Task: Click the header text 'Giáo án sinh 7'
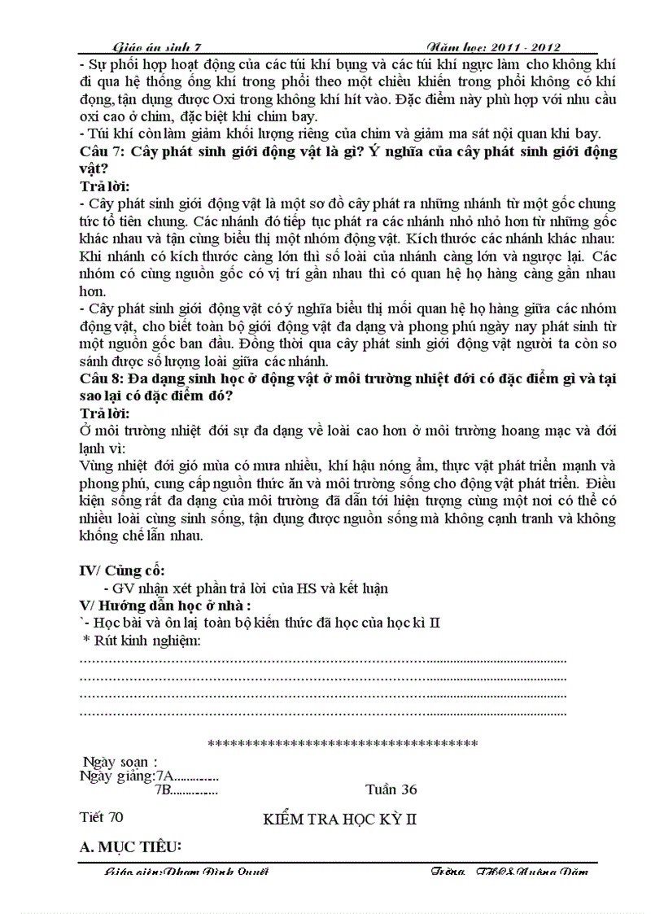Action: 160,48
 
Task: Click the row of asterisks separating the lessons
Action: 343,743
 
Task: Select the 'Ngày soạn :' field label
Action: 120,762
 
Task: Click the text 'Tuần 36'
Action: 391,789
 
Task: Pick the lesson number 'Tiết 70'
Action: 102,817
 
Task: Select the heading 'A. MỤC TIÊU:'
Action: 130,847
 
